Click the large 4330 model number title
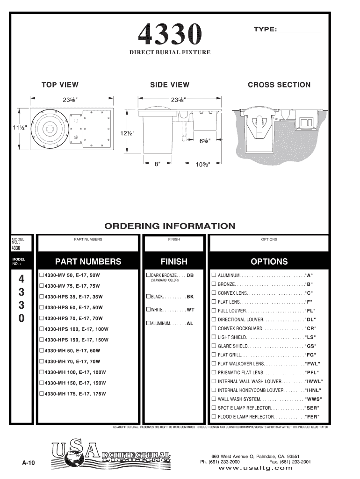click(170, 34)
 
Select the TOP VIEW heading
click(60, 85)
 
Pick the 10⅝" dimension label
click(202, 164)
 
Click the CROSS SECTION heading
click(279, 85)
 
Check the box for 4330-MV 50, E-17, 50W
click(42, 275)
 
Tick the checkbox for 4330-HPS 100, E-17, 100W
click(42, 329)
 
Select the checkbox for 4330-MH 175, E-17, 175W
click(42, 393)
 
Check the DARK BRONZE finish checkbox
click(148, 275)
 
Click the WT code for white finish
click(190, 310)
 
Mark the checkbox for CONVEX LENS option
click(214, 292)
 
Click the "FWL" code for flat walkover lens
click(312, 363)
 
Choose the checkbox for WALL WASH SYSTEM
click(214, 399)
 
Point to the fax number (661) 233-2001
click(291, 461)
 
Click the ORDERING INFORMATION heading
click(170, 226)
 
